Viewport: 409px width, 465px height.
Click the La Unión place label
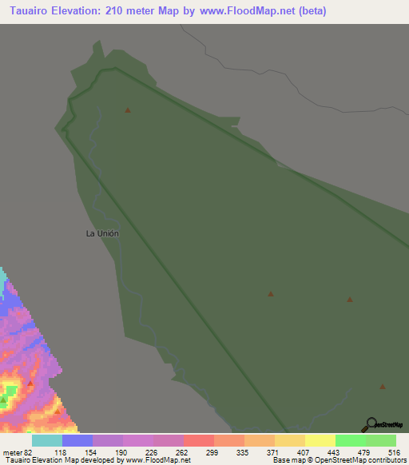[x=102, y=233]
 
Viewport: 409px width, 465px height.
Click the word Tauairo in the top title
[x=27, y=12]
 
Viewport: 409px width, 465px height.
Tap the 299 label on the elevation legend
[x=213, y=452]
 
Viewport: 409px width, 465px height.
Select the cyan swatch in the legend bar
[x=47, y=440]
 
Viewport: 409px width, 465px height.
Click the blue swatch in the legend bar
[x=77, y=440]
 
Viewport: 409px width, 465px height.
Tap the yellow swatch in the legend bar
[x=320, y=440]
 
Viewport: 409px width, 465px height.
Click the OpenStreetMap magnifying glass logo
[x=371, y=423]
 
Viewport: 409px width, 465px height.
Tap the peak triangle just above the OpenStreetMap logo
[x=383, y=387]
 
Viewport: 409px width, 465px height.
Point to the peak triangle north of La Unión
[x=128, y=110]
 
